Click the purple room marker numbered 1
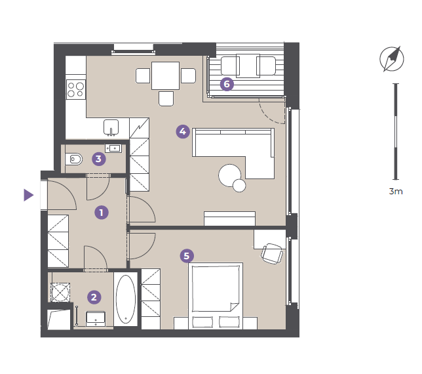click(102, 213)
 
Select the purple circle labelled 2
click(94, 297)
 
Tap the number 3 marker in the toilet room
click(99, 159)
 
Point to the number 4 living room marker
click(183, 131)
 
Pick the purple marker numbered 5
click(187, 256)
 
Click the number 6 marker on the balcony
click(227, 84)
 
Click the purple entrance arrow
click(29, 195)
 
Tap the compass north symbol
click(392, 59)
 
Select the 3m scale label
click(396, 192)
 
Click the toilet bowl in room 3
click(74, 159)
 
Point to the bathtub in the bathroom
click(126, 299)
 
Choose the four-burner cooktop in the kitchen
click(76, 89)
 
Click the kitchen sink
click(111, 127)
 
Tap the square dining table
click(165, 75)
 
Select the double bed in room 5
click(216, 296)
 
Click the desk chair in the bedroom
click(272, 253)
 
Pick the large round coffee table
click(230, 175)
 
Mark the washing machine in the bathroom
click(60, 293)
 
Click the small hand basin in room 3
click(113, 148)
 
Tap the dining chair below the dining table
click(166, 98)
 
